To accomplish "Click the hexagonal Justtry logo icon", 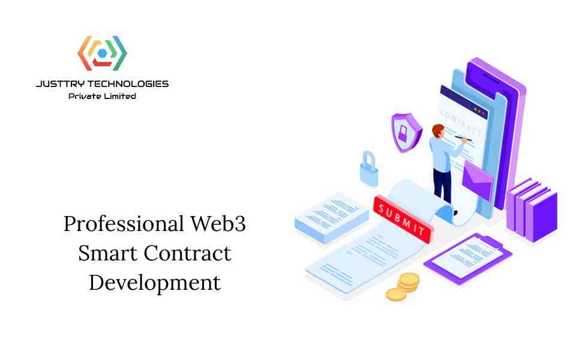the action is point(102,53).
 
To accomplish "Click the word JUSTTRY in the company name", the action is point(60,84).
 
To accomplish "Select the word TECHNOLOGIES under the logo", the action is point(128,84).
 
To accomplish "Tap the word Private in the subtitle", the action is point(85,96).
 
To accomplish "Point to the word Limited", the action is point(120,96).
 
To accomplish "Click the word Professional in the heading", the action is point(124,224).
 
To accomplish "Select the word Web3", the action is point(218,224).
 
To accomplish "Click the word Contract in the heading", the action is point(187,253).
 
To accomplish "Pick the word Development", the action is point(155,283).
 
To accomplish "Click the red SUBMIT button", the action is point(403,220).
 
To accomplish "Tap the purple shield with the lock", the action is point(406,133).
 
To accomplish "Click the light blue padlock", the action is point(369,169).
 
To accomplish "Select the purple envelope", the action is point(477,180).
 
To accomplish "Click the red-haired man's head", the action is point(438,131).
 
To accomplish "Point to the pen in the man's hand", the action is point(463,138).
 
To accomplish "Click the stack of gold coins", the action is point(403,287).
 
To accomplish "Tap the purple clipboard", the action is point(467,257).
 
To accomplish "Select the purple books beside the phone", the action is point(532,210).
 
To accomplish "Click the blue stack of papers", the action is point(332,218).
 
